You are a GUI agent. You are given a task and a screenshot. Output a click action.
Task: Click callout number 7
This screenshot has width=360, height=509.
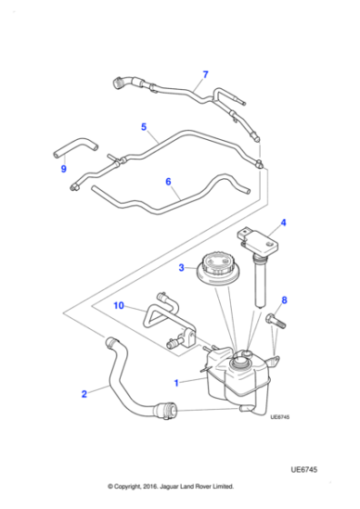tap(205, 75)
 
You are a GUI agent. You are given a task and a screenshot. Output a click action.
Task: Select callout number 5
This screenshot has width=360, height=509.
tap(143, 127)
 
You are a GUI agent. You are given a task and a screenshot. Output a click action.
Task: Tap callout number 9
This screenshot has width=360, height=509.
tap(64, 168)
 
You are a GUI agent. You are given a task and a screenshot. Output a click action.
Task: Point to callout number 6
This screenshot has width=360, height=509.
tap(168, 182)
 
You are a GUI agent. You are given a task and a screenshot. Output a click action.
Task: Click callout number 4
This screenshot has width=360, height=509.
tap(283, 223)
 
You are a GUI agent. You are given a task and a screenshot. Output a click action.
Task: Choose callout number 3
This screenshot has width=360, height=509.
tap(181, 267)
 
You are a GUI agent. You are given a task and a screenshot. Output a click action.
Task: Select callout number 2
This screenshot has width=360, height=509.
tap(84, 394)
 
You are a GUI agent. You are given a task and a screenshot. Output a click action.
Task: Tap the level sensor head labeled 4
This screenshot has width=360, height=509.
tap(257, 241)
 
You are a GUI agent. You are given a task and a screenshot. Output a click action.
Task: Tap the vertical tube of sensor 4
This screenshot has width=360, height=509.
tap(258, 283)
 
